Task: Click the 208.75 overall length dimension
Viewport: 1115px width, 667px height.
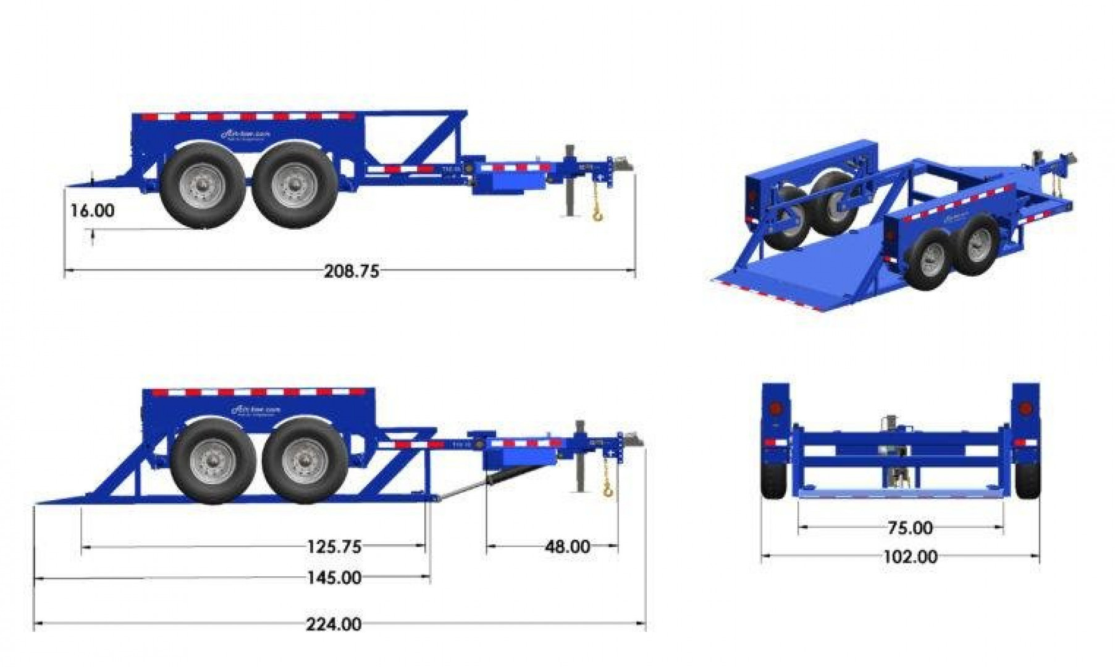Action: [x=351, y=271]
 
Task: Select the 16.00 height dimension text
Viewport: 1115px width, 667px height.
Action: [x=92, y=211]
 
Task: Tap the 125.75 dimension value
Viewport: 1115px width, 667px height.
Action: [x=334, y=547]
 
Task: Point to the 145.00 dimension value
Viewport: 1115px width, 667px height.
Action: [x=334, y=578]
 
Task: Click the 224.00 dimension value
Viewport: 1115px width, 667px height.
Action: [x=334, y=624]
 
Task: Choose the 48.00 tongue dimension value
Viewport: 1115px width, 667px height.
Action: [x=567, y=547]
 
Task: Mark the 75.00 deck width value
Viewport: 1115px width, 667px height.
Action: [x=910, y=528]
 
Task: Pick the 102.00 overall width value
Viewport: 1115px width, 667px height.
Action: [x=910, y=557]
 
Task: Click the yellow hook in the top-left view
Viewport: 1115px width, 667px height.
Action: [x=598, y=214]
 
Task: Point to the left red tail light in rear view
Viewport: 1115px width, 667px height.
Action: [x=775, y=409]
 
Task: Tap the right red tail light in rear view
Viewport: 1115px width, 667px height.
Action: [x=1025, y=409]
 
